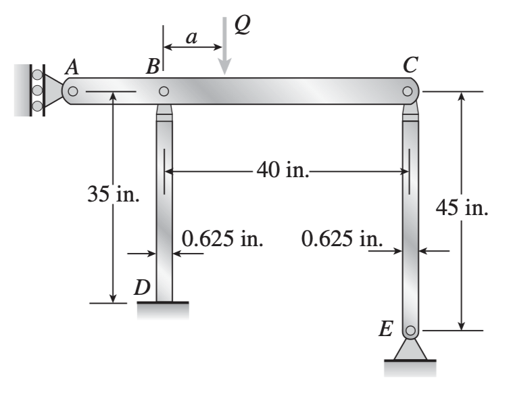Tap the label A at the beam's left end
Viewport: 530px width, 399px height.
71,66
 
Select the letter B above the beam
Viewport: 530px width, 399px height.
153,66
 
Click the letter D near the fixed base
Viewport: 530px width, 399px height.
142,287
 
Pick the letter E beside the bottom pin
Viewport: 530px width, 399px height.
386,330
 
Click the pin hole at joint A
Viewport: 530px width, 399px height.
73,91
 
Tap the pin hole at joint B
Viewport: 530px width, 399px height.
164,91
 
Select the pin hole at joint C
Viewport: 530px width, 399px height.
407,91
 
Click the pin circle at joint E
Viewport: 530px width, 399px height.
410,331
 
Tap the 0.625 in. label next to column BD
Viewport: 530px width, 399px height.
222,239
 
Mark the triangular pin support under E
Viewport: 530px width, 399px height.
410,350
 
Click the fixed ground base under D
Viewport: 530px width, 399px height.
162,309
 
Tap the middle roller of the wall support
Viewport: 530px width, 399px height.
37,90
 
